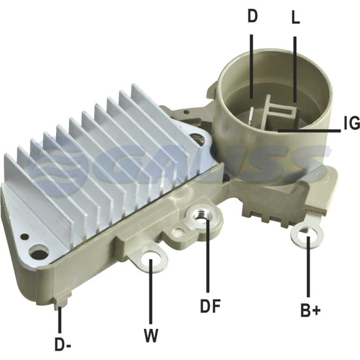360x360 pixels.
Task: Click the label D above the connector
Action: pos(252,17)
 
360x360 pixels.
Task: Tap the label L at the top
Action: pos(295,17)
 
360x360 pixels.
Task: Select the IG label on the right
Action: pos(352,123)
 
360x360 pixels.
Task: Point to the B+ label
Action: pos(310,310)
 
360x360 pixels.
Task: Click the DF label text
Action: pos(211,306)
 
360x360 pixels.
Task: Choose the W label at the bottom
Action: pos(151,335)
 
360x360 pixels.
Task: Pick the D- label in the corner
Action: pos(63,344)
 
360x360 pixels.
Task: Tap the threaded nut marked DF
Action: pos(200,216)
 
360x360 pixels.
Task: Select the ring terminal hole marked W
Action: pos(151,260)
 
